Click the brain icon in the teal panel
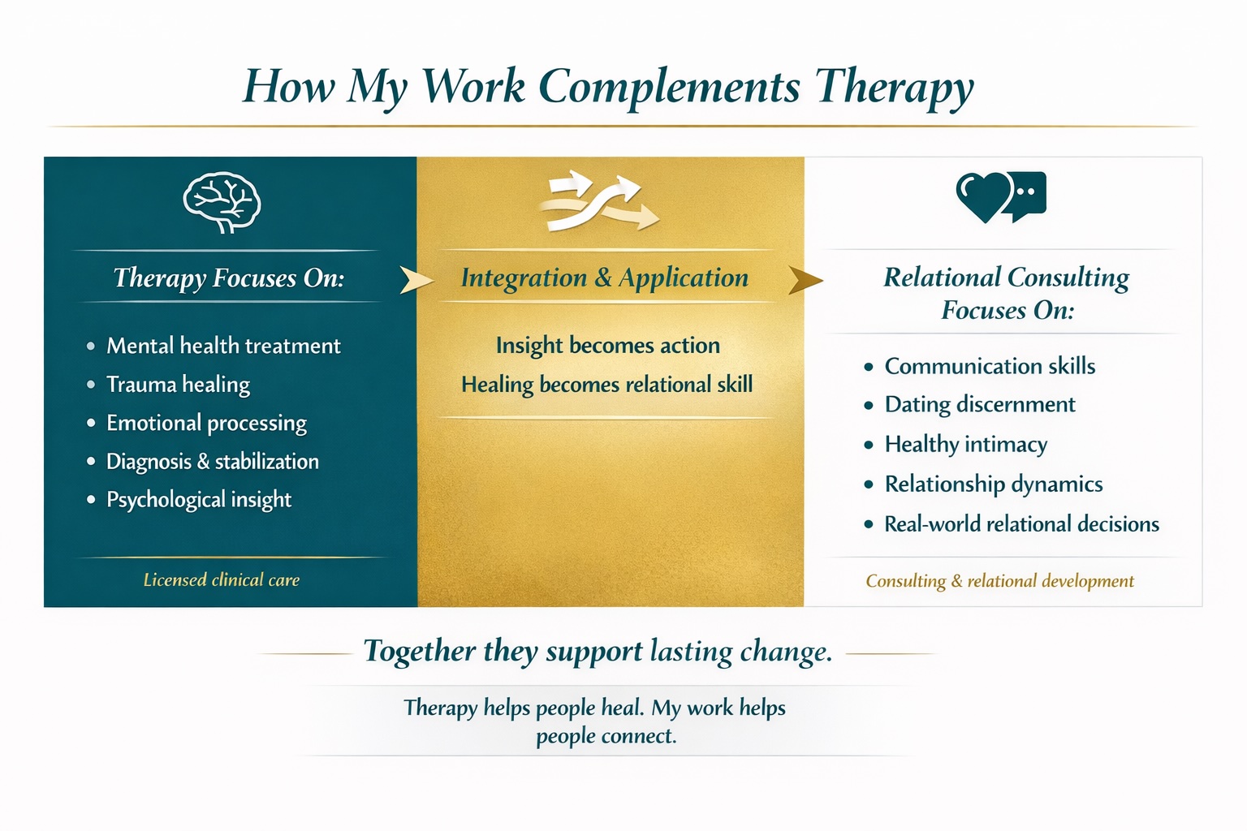(x=222, y=202)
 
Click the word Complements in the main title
(x=670, y=88)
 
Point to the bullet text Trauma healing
(x=178, y=385)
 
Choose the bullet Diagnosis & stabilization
(x=213, y=462)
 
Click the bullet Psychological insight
(x=199, y=500)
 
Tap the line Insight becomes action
(x=608, y=346)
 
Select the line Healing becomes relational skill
(x=606, y=385)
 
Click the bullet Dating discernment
(x=980, y=405)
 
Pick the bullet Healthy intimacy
(x=966, y=445)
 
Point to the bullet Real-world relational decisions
(x=1022, y=524)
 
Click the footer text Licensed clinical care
(x=222, y=580)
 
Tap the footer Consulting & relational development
(x=1000, y=581)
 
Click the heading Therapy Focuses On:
(x=229, y=278)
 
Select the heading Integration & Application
(x=605, y=278)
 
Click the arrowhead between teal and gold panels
(x=416, y=280)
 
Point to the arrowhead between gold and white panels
(x=805, y=280)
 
